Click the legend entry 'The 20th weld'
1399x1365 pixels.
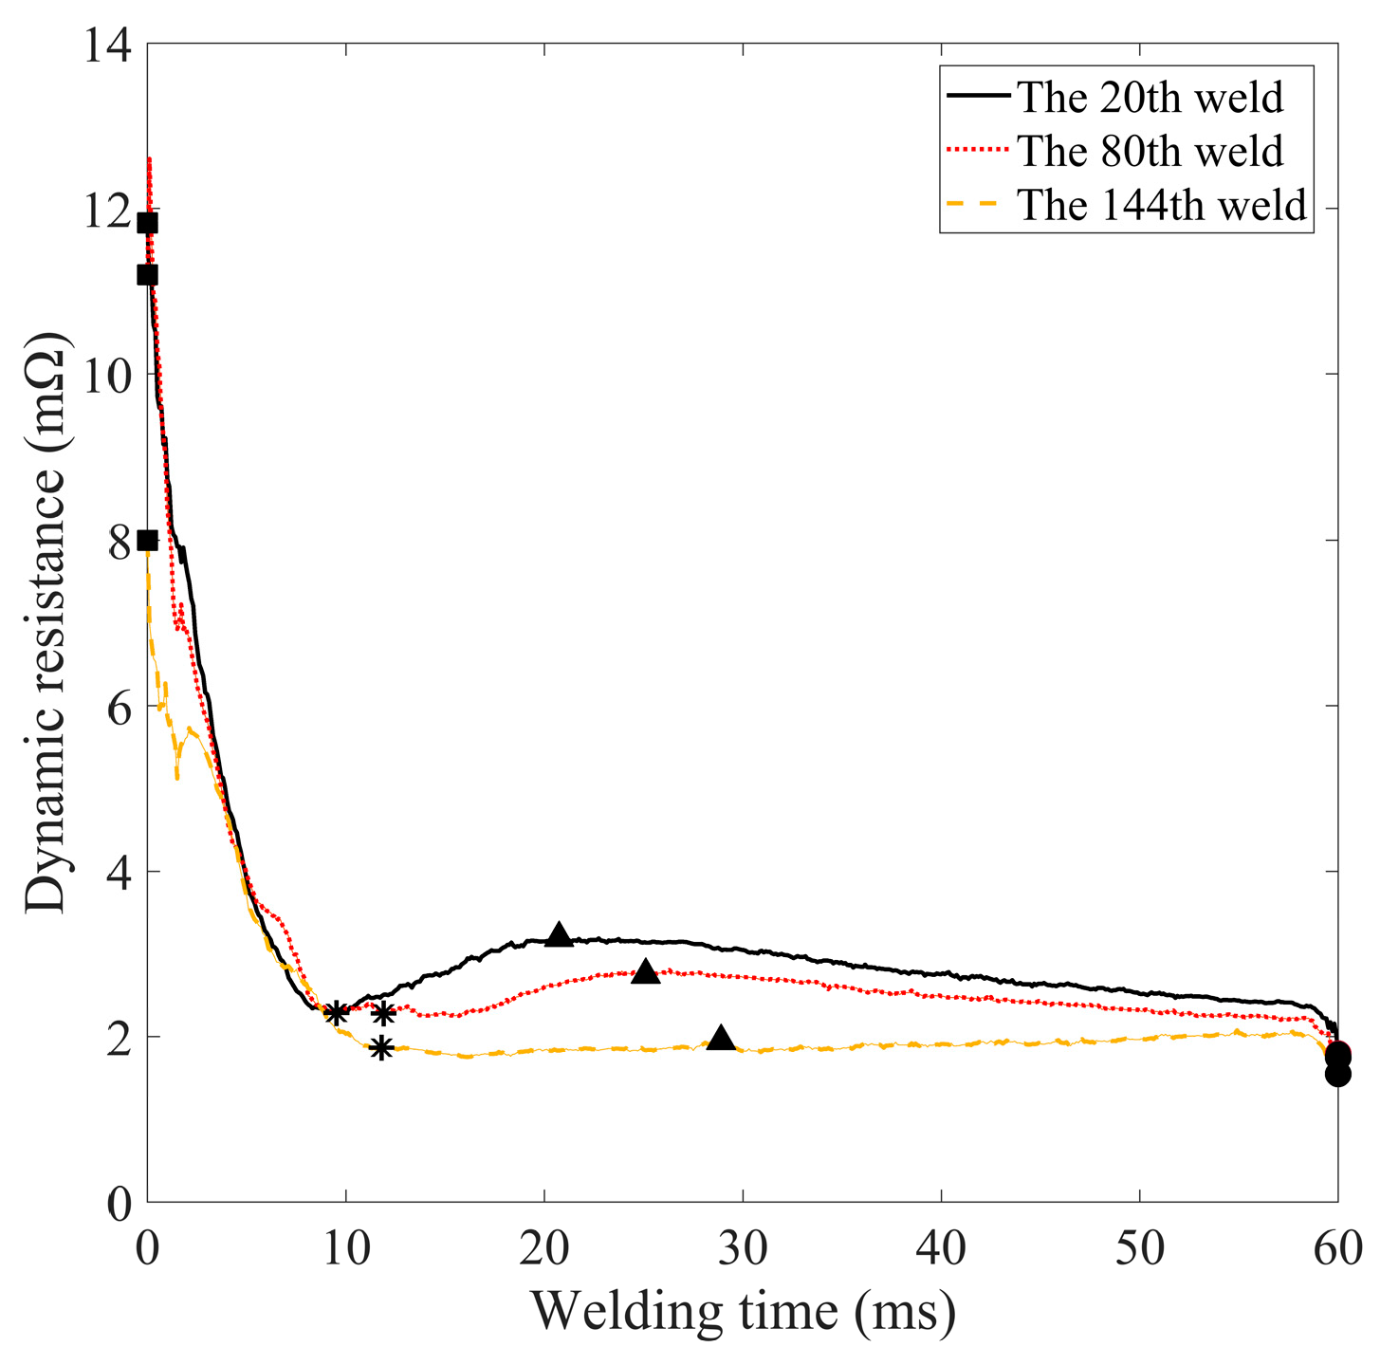pyautogui.click(x=1149, y=97)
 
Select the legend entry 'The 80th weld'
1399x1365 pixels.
pyautogui.click(x=1150, y=151)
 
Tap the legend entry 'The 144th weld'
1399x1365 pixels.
pyautogui.click(x=1162, y=205)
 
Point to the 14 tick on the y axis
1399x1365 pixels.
pyautogui.click(x=106, y=45)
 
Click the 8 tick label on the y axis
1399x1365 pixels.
pyautogui.click(x=120, y=541)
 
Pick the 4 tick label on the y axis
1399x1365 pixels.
pyautogui.click(x=120, y=872)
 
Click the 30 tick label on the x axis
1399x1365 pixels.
pyautogui.click(x=742, y=1249)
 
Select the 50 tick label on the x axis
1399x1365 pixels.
pyautogui.click(x=1138, y=1249)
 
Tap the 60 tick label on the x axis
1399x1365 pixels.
pyautogui.click(x=1336, y=1249)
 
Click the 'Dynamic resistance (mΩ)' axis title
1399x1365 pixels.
pyautogui.click(x=46, y=623)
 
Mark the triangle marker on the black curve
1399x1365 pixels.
pyautogui.click(x=560, y=935)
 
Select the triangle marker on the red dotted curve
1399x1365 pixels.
pyautogui.click(x=645, y=971)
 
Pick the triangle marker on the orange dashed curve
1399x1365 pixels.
pyautogui.click(x=721, y=1038)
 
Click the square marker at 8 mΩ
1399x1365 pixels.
pyautogui.click(x=147, y=540)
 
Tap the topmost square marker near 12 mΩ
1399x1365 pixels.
pyautogui.click(x=147, y=223)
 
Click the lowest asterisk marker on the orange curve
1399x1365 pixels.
pyautogui.click(x=380, y=1048)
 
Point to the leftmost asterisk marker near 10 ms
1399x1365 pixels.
pyautogui.click(x=335, y=1013)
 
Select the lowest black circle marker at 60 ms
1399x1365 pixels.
pyautogui.click(x=1337, y=1074)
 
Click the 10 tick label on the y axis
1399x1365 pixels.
pyautogui.click(x=106, y=375)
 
